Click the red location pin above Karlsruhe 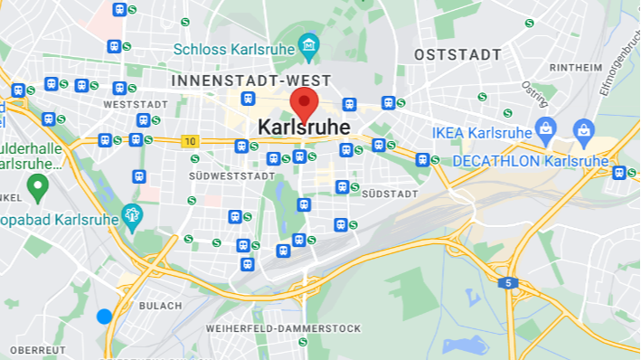click(304, 104)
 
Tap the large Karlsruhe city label click(304, 128)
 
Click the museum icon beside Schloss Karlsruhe click(309, 44)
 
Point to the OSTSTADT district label click(457, 55)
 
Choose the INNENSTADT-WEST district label click(251, 81)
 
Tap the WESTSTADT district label click(136, 105)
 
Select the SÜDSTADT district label click(390, 194)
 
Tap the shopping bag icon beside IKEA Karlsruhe click(545, 129)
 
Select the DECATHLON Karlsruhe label click(531, 161)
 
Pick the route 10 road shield click(190, 141)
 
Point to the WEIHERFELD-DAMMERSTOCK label click(283, 327)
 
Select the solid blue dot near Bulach click(104, 316)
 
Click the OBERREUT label click(38, 349)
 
